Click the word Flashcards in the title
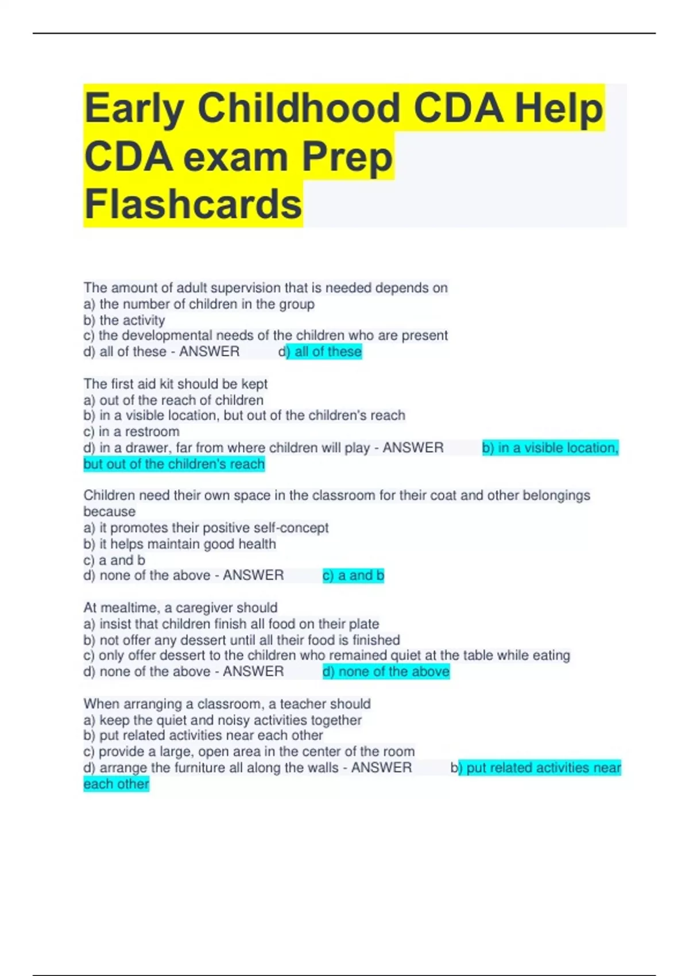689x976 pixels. coord(193,204)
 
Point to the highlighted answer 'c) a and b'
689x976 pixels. coord(353,575)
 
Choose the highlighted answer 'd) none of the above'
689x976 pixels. coord(386,672)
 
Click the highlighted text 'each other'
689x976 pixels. coord(116,784)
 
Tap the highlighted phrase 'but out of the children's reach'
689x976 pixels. coord(174,464)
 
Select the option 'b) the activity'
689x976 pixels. coord(124,320)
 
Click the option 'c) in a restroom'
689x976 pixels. coord(131,432)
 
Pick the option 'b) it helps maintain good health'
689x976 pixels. coord(180,544)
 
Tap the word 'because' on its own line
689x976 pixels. coord(110,512)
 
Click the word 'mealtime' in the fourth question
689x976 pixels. coord(127,607)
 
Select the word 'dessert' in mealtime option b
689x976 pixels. coord(223,640)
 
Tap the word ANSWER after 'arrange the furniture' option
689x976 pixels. coord(381,768)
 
